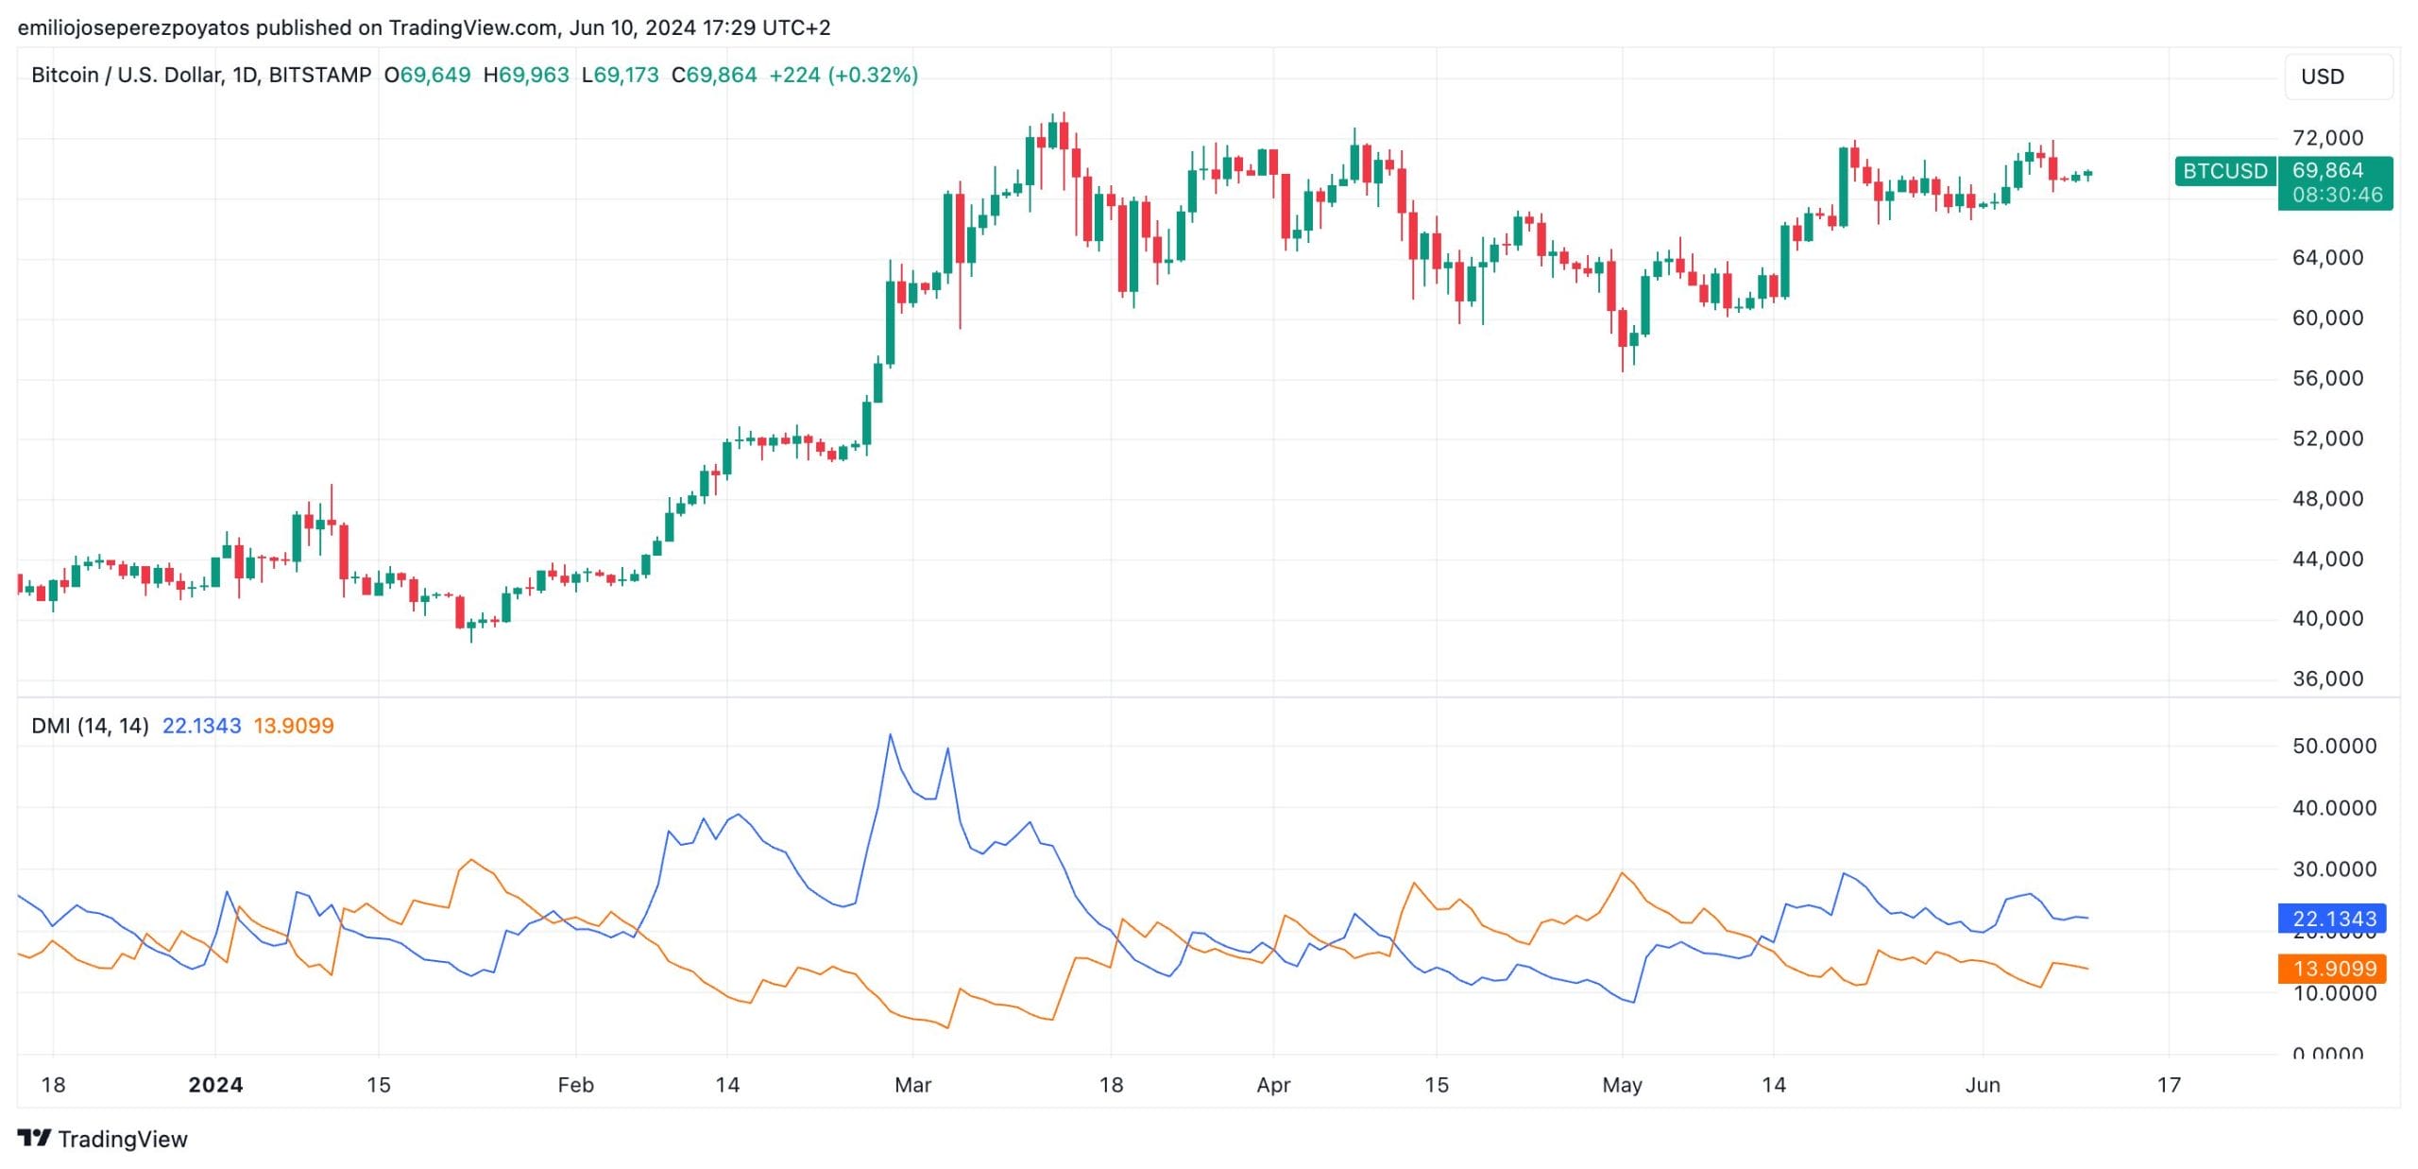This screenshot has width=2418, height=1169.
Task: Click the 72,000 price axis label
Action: click(2327, 138)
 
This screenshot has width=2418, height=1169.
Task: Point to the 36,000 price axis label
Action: click(2327, 679)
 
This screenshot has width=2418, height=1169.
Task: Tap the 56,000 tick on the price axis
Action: click(2327, 378)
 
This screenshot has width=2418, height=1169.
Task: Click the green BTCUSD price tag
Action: click(2224, 171)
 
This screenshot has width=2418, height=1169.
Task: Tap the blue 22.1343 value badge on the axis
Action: click(2333, 919)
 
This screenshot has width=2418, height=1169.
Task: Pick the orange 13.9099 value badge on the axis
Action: click(2333, 969)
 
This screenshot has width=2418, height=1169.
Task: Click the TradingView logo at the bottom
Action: click(103, 1139)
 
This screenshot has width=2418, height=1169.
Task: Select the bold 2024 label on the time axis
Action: click(215, 1085)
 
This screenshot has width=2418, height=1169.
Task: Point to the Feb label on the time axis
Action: click(575, 1085)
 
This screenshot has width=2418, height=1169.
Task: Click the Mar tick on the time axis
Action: click(912, 1085)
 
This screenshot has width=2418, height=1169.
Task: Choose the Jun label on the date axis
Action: click(1983, 1085)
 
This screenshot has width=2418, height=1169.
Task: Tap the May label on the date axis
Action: click(1622, 1085)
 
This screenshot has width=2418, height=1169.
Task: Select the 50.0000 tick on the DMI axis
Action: click(2334, 746)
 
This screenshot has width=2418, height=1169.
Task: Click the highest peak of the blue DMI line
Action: click(890, 735)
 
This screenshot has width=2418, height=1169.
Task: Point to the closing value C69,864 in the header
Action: click(714, 75)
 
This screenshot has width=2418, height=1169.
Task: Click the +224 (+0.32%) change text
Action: click(843, 75)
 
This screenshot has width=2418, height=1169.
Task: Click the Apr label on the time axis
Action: click(1273, 1085)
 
